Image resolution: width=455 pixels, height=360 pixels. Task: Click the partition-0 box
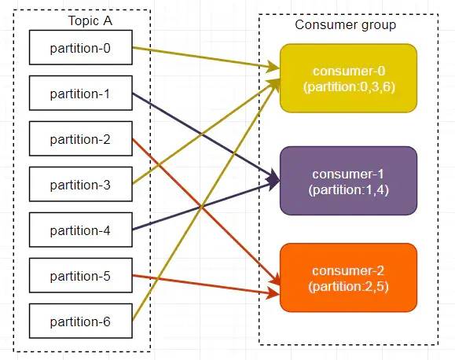tap(81, 47)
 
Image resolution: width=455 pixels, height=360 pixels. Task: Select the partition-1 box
tap(81, 93)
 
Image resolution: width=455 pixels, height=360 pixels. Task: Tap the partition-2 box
tap(81, 138)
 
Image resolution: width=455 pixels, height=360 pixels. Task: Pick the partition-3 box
tap(81, 184)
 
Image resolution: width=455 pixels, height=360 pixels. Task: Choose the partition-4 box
tap(81, 230)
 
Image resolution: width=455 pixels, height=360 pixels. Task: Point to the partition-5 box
tap(81, 275)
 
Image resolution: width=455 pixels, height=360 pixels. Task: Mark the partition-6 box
tap(81, 321)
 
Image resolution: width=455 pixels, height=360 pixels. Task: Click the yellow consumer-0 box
tap(348, 78)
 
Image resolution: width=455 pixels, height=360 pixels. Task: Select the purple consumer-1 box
tap(348, 181)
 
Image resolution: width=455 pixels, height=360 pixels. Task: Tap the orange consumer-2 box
tap(348, 277)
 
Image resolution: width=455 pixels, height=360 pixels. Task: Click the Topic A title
tap(90, 21)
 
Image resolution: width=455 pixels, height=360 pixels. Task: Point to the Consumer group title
tap(345, 25)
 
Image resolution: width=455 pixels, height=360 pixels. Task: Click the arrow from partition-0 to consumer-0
tap(206, 58)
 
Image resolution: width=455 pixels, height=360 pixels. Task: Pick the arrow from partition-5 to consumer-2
tap(206, 285)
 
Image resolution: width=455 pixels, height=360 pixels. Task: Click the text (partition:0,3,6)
tap(350, 87)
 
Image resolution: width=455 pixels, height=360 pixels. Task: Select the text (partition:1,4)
tap(348, 190)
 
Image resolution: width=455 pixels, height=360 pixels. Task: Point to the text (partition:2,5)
tap(348, 287)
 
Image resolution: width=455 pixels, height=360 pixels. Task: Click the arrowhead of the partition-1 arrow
tap(273, 178)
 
